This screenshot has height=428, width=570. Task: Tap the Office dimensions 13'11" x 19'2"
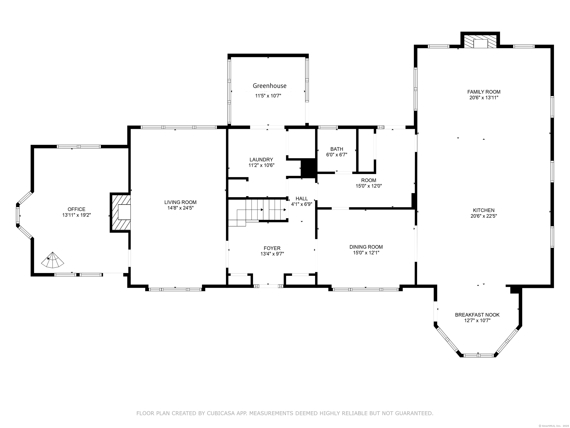coord(76,215)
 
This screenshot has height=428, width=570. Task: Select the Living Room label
coord(180,202)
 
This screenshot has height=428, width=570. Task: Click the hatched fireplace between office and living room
coord(120,212)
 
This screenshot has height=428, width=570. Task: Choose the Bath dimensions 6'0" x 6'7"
coord(337,155)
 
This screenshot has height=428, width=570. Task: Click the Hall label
coord(302,199)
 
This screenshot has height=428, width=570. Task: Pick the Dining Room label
coord(366,247)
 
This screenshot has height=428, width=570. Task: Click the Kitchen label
coord(484,210)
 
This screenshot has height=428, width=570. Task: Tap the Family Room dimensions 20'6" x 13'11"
coord(484,98)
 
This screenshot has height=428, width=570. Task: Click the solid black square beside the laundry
coord(308,168)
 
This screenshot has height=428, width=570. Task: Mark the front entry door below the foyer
coord(268,286)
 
